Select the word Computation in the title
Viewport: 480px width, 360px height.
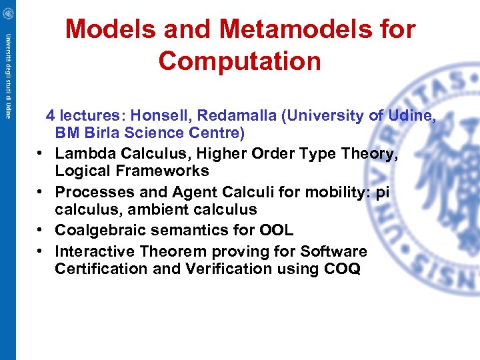click(x=240, y=61)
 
